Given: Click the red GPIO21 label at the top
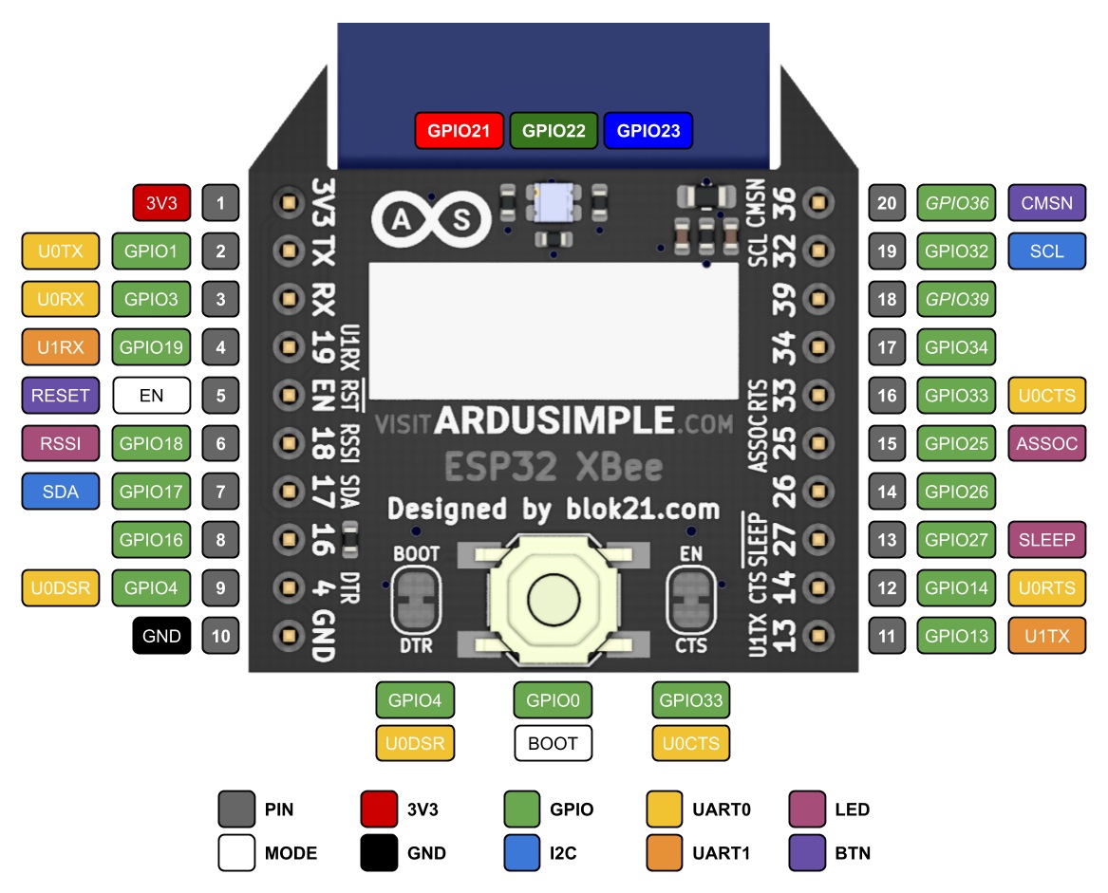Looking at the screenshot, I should tap(459, 131).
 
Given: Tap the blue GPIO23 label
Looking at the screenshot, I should tap(648, 131).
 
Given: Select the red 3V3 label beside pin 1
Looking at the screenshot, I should tap(161, 202).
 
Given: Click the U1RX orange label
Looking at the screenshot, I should tap(61, 347).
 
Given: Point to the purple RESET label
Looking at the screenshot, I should tap(61, 395).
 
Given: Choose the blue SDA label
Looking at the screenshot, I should tap(61, 492).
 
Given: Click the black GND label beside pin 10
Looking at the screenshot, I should tap(161, 636).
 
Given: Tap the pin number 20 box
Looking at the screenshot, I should tap(887, 202).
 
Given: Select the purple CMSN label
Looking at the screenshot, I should tap(1046, 202).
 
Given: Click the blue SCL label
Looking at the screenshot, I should tap(1046, 251).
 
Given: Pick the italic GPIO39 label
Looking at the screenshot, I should tap(957, 299).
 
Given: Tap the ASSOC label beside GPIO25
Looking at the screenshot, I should tap(1046, 443).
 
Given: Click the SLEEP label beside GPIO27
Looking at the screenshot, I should tap(1046, 540).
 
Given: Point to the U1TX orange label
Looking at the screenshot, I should tap(1046, 636).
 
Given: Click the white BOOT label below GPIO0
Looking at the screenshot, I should tap(553, 743).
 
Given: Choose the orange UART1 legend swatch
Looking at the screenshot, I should tap(665, 853).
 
